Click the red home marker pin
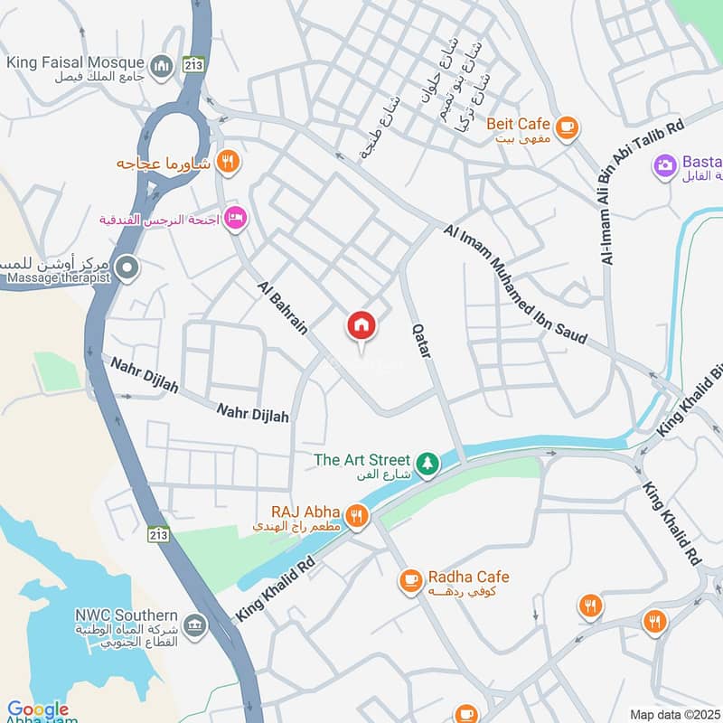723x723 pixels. click(361, 326)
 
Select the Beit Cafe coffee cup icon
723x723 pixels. click(567, 127)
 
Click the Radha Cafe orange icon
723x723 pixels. click(411, 579)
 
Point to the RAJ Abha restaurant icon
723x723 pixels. click(358, 517)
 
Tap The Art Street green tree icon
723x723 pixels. click(427, 465)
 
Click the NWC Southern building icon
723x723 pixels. click(194, 624)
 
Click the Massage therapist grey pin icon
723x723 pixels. click(128, 267)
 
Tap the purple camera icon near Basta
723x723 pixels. click(665, 166)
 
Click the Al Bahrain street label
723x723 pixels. click(283, 307)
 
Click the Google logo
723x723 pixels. click(38, 709)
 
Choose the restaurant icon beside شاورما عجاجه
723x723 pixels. click(230, 163)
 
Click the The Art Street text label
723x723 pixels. click(361, 460)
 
